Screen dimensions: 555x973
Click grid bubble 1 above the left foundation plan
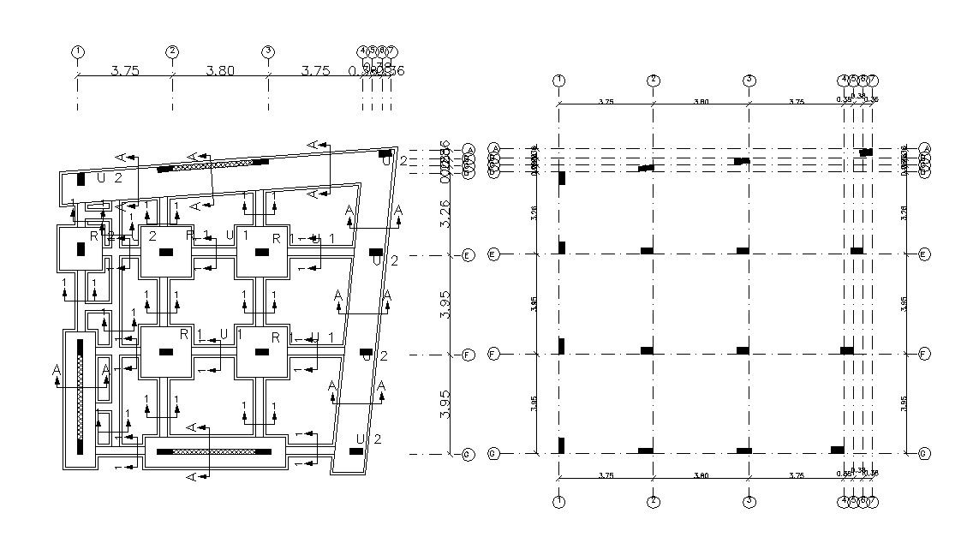78,51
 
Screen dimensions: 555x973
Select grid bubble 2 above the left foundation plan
172,51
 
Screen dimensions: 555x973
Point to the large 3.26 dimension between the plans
445,213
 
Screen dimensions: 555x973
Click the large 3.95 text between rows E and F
445,304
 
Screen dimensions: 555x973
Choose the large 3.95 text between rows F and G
445,404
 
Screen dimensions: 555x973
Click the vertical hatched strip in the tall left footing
80,396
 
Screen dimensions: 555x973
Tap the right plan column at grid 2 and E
647,251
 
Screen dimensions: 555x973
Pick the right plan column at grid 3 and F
743,350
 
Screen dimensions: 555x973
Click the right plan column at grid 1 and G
562,445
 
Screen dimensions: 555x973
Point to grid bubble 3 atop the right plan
749,81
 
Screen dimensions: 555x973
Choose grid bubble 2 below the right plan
654,501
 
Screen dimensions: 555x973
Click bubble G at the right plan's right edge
923,453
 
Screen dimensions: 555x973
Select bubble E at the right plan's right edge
923,254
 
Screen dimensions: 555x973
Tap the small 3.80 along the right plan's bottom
701,475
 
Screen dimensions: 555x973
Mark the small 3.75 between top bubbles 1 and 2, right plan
606,102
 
